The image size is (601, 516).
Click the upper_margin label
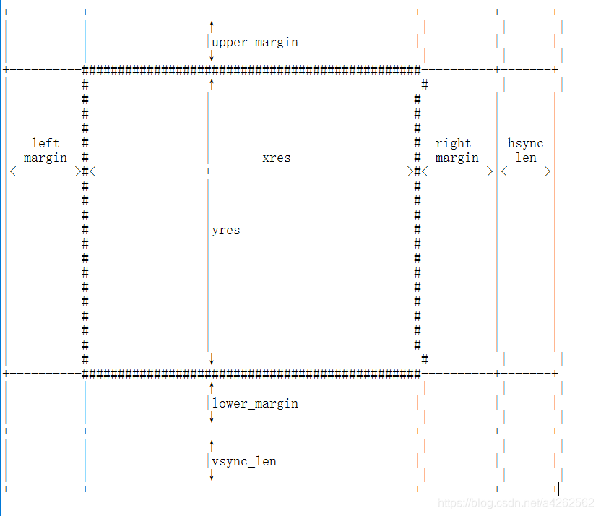(255, 42)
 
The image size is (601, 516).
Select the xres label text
(277, 158)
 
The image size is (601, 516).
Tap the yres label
(226, 230)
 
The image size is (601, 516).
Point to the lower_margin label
(255, 403)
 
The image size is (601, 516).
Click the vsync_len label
(244, 461)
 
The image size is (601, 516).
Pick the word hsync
(526, 143)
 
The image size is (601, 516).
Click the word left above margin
(46, 143)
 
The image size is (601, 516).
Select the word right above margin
(454, 143)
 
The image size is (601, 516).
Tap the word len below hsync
(526, 158)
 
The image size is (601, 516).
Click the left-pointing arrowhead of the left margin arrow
(13, 171)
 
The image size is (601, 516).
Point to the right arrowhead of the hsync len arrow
(548, 171)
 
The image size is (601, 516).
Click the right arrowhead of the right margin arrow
(490, 171)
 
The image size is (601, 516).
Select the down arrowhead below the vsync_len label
(212, 477)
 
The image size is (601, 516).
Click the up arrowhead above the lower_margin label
(212, 387)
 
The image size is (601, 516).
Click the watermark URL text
(516, 502)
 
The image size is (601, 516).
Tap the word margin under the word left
(46, 158)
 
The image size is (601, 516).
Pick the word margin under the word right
(457, 158)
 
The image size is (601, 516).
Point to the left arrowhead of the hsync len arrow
(504, 171)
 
